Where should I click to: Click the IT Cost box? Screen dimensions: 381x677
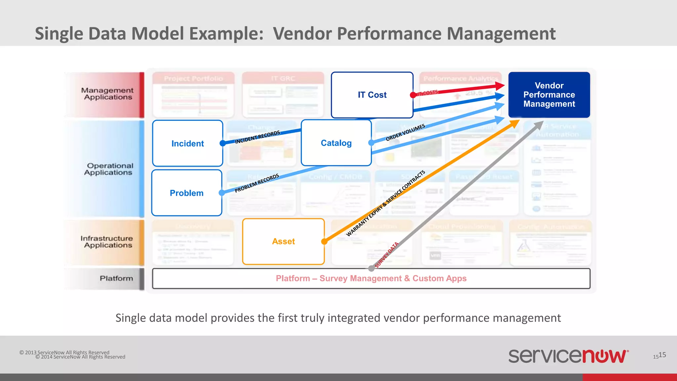[x=372, y=95]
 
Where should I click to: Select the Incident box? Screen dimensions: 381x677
[x=187, y=143]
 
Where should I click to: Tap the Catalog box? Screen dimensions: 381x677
[x=336, y=143]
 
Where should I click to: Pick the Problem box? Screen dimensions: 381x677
[x=186, y=193]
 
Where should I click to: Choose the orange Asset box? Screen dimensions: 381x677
[x=283, y=241]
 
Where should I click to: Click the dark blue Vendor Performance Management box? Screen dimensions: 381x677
[x=549, y=95]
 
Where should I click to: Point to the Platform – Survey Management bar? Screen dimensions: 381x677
[x=371, y=278]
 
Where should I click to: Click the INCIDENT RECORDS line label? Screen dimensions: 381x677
[x=257, y=137]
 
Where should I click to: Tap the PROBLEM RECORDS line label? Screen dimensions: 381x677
[x=257, y=183]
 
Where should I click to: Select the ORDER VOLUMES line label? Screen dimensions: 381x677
[x=405, y=132]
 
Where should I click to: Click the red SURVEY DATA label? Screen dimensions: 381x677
[x=387, y=255]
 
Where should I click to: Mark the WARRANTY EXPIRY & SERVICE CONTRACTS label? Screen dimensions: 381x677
[x=385, y=203]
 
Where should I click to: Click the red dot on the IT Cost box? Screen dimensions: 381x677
[x=413, y=95]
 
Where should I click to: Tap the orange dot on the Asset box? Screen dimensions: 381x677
[x=324, y=241]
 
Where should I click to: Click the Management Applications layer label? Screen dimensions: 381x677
[x=107, y=94]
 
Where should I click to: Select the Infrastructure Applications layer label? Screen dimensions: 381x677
[x=107, y=242]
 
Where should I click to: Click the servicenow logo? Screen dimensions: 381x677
[x=568, y=356]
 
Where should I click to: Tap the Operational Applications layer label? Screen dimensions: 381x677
[x=109, y=169]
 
